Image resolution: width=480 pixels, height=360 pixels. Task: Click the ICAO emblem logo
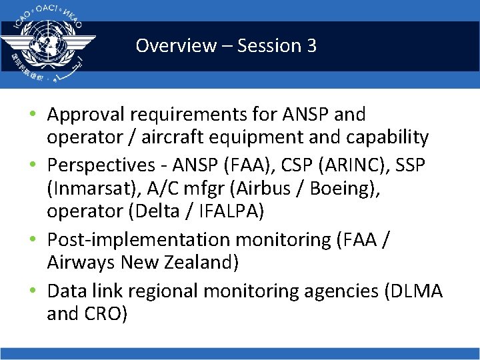tap(48, 43)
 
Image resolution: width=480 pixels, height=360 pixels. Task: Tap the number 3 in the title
tap(310, 46)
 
